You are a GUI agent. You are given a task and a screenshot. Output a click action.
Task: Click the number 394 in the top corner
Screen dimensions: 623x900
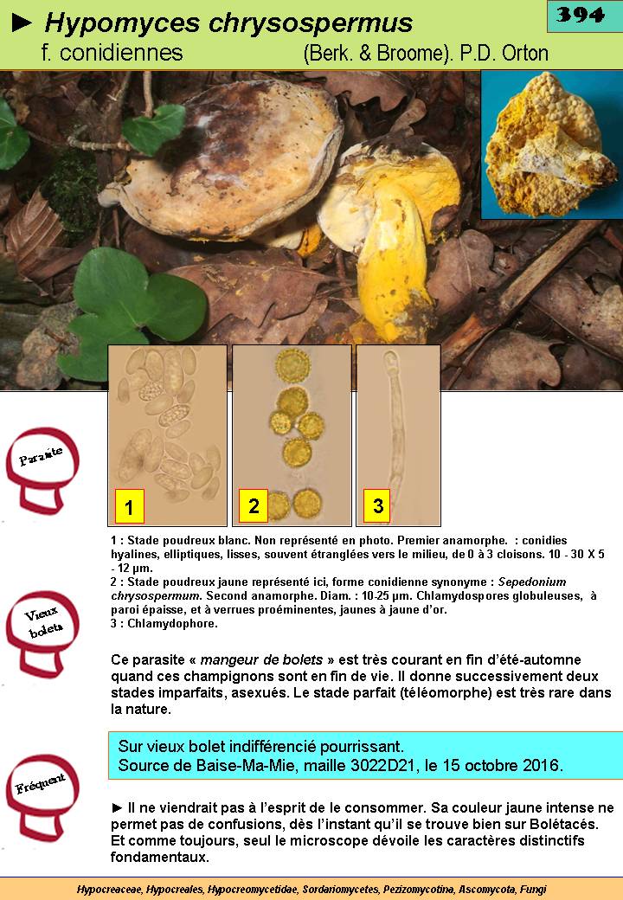coord(581,15)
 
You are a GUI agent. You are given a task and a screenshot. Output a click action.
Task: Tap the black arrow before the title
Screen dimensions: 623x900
coord(22,23)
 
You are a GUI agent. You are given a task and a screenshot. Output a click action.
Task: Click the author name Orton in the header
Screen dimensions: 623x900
coord(525,54)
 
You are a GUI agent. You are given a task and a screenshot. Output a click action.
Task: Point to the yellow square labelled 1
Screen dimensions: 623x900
coord(129,506)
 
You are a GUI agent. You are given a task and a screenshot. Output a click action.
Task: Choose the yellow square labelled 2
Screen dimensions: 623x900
coord(254,505)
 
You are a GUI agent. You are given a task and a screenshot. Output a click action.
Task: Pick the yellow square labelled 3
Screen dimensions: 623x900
coord(377,505)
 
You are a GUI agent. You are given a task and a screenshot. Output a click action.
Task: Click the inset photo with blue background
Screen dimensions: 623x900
coord(551,145)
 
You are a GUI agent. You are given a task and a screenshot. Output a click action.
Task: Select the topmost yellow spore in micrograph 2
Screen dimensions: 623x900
coord(292,364)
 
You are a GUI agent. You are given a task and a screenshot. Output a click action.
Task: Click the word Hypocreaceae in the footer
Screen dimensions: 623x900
coord(110,890)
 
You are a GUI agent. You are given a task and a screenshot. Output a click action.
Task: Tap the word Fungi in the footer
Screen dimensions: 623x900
coord(534,890)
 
